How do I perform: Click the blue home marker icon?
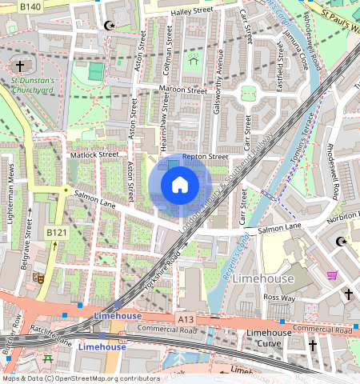coord(180,186)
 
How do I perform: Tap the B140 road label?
coord(30,6)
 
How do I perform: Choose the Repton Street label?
coord(206,158)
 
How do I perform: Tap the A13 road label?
coord(186,319)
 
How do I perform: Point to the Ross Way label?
coord(280,297)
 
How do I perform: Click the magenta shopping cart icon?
coord(332,275)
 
